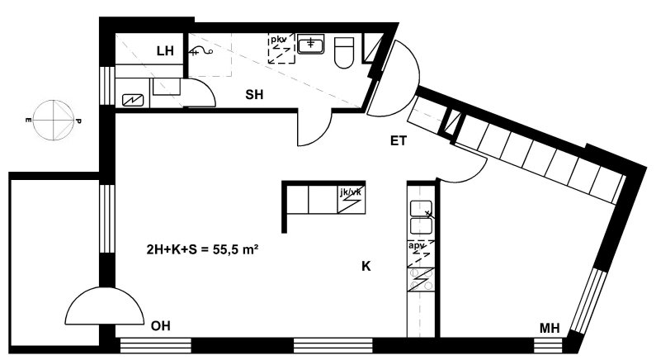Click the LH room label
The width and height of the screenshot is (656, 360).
pos(165,51)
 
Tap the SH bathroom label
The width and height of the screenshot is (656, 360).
pos(254,95)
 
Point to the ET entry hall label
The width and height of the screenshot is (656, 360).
pos(399,141)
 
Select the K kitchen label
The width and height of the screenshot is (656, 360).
pos(366,266)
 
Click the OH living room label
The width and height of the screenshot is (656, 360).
pos(161,325)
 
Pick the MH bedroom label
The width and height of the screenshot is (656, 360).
pos(550,328)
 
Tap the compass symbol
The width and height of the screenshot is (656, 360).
pos(54,121)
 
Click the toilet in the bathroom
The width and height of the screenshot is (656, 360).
pos(344,53)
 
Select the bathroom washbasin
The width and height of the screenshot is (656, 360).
pos(310,44)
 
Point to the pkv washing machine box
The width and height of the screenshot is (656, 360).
pos(281,49)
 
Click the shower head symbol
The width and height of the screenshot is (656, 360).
pos(201,51)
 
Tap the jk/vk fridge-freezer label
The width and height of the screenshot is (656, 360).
pos(351,192)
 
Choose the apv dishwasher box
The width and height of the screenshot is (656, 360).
pos(421,254)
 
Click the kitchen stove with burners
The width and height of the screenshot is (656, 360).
pos(421,280)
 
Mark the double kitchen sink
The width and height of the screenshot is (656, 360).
pos(421,217)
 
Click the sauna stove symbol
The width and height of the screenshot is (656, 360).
pos(133,101)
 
